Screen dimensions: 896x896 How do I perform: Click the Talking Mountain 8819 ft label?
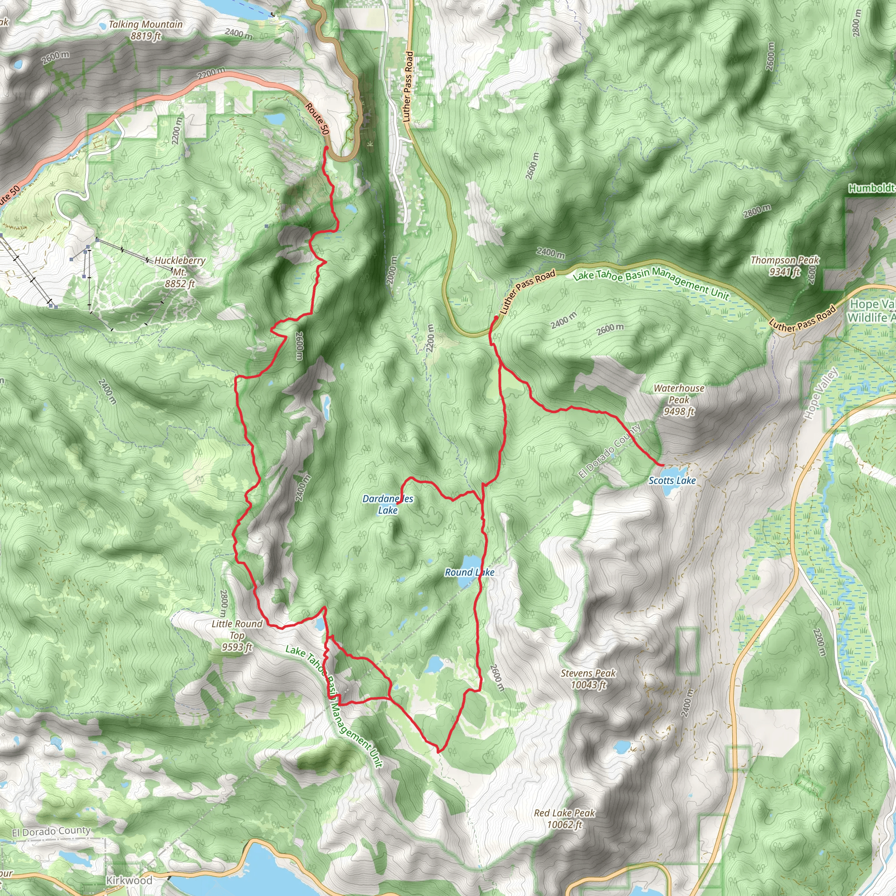pyautogui.click(x=145, y=30)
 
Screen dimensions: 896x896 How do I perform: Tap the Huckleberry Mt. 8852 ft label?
pyautogui.click(x=179, y=272)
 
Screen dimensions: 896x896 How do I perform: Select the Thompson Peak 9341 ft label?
pyautogui.click(x=785, y=266)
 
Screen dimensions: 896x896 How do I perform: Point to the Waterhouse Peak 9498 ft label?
pyautogui.click(x=679, y=400)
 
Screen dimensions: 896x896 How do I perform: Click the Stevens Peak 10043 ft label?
pyautogui.click(x=588, y=679)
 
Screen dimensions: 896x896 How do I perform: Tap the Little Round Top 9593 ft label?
pyautogui.click(x=237, y=635)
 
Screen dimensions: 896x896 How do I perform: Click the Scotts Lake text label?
pyautogui.click(x=672, y=480)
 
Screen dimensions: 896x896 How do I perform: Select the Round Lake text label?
pyautogui.click(x=469, y=572)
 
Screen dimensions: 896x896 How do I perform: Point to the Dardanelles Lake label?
pyautogui.click(x=388, y=504)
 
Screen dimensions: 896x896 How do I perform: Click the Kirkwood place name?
pyautogui.click(x=129, y=880)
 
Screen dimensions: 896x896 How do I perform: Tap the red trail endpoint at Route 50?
pyautogui.click(x=326, y=148)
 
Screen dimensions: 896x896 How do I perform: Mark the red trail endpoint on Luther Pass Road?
pyautogui.click(x=496, y=318)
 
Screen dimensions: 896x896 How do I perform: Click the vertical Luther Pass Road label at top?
pyautogui.click(x=408, y=86)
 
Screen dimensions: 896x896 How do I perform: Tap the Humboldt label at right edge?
pyautogui.click(x=871, y=188)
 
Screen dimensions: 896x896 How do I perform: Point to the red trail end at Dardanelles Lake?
pyautogui.click(x=398, y=503)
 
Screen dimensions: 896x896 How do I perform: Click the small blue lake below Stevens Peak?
pyautogui.click(x=621, y=747)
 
